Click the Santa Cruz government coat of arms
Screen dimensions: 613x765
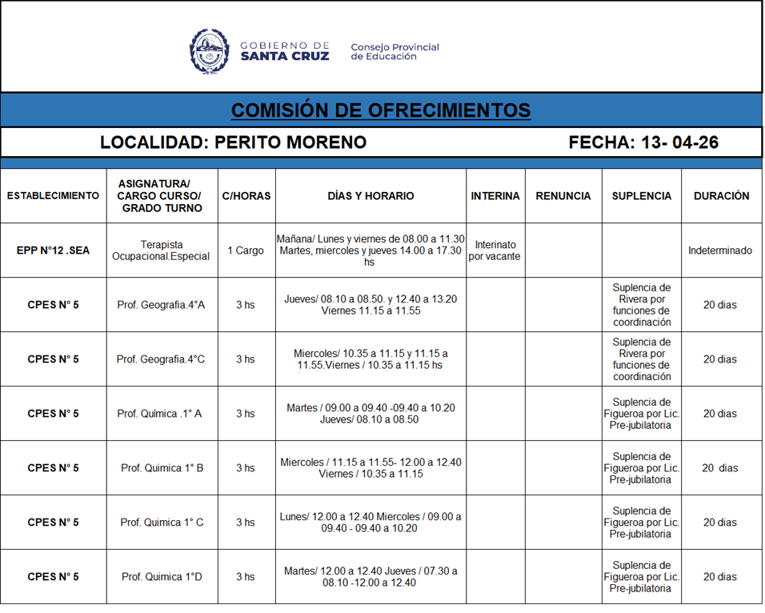point(210,51)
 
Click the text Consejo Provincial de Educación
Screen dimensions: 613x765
point(395,52)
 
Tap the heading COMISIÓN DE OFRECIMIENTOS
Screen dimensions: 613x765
point(381,110)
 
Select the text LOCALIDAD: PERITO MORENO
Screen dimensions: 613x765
point(233,142)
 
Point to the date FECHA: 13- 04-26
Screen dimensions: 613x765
point(643,142)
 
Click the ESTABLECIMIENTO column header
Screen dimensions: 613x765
point(53,196)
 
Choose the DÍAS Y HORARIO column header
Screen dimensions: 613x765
point(370,196)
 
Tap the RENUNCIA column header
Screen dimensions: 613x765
point(563,196)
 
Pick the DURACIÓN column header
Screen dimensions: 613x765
point(721,196)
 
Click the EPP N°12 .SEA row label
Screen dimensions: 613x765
point(53,250)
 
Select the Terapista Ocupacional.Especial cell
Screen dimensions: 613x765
point(162,250)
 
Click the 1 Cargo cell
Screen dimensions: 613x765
point(246,250)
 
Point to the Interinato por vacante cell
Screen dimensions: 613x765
point(495,250)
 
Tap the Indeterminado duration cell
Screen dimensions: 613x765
point(720,250)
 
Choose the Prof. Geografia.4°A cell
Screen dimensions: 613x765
point(161,305)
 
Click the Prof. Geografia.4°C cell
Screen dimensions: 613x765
point(161,359)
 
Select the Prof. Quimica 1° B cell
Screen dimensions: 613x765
point(162,468)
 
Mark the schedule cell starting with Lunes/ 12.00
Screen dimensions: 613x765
point(370,523)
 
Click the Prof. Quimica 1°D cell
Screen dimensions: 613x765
point(162,577)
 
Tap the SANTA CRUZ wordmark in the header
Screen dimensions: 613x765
point(285,57)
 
